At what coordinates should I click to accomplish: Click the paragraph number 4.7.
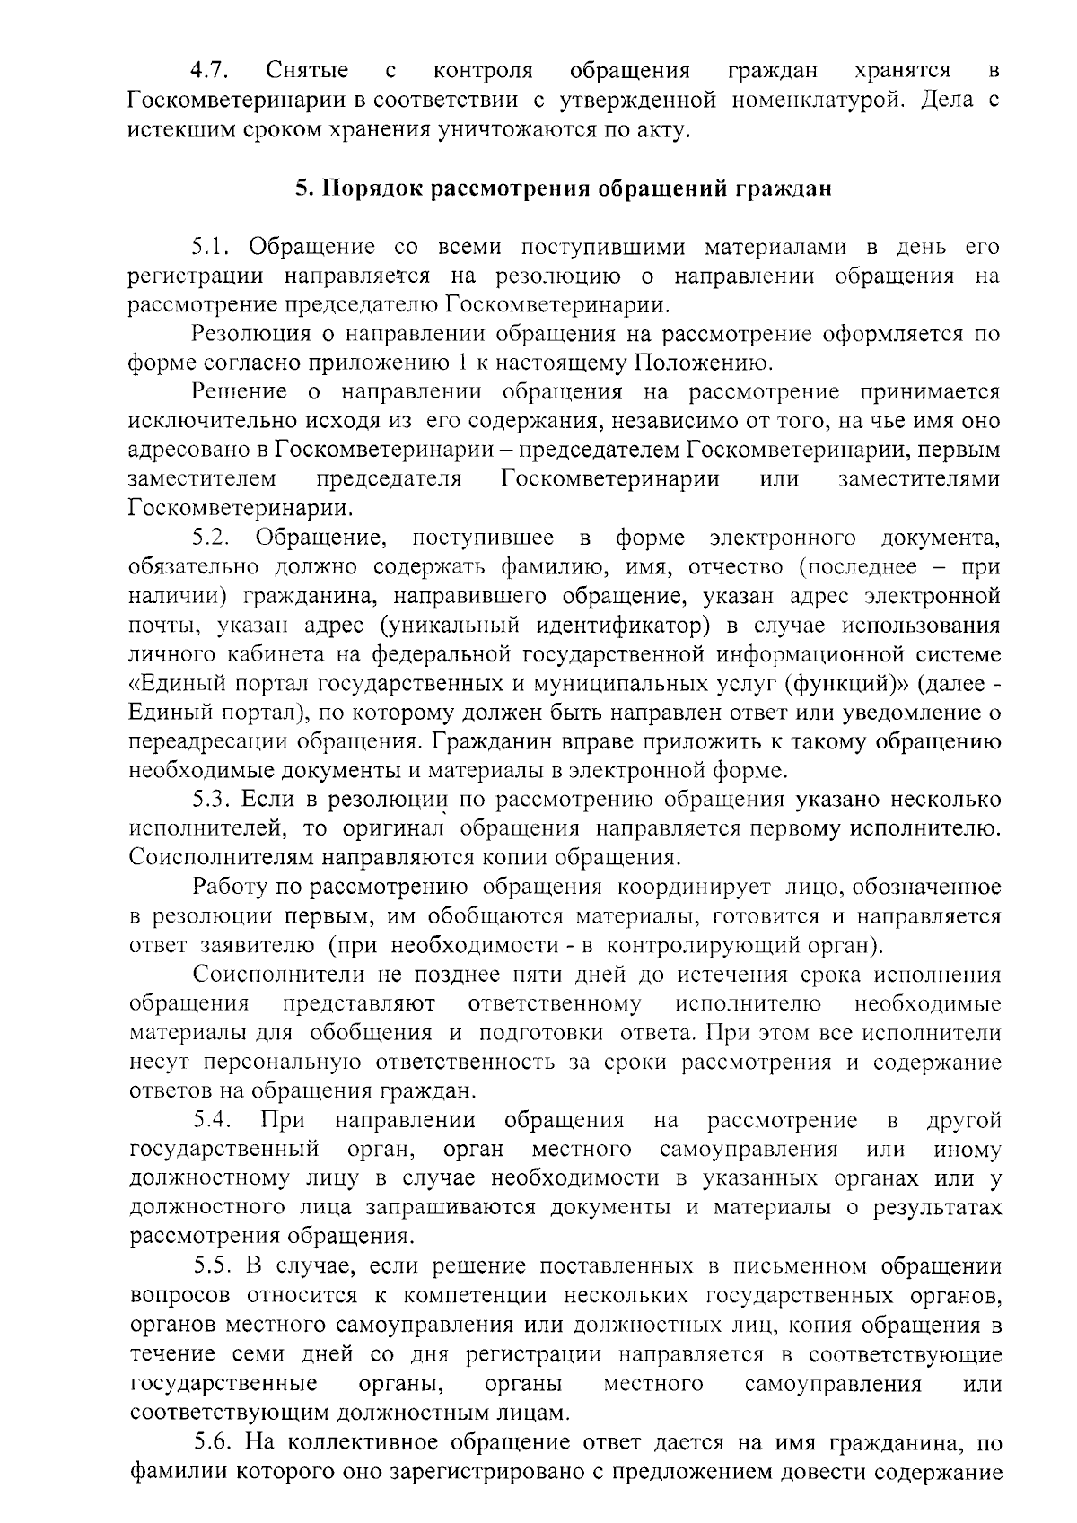coord(212,70)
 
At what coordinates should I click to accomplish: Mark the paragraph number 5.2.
coord(213,538)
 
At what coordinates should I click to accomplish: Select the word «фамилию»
coord(538,567)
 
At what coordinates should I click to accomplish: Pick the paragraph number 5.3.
coord(213,800)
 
